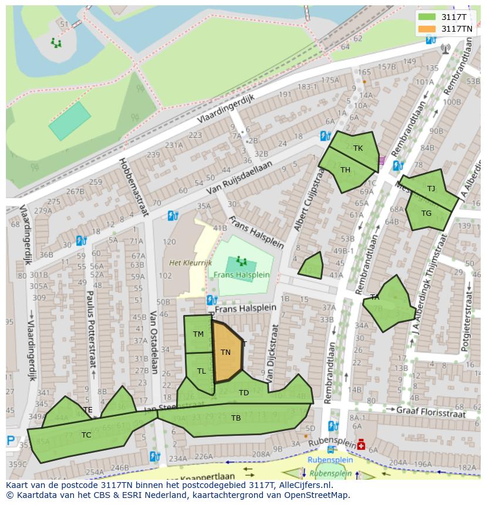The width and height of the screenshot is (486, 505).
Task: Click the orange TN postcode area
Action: (227, 352)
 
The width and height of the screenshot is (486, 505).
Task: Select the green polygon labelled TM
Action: (198, 334)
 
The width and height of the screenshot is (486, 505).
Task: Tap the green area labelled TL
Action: (200, 372)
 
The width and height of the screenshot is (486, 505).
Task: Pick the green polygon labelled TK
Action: (356, 149)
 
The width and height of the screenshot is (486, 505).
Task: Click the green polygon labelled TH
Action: (347, 171)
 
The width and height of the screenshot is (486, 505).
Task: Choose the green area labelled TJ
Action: (431, 188)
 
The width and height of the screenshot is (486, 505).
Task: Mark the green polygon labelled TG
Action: (427, 213)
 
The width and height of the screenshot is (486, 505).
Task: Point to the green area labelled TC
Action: (86, 435)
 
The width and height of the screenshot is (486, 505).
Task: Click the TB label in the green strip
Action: (235, 418)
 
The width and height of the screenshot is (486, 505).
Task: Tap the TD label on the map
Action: (244, 392)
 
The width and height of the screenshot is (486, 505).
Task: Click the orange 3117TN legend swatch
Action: (427, 29)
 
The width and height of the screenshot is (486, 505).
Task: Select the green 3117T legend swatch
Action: (427, 17)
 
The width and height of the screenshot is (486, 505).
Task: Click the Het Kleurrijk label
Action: (190, 263)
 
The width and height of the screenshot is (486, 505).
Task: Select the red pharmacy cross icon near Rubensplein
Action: (360, 445)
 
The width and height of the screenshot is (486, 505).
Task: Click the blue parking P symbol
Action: (11, 440)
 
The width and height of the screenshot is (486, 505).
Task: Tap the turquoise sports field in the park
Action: (70, 121)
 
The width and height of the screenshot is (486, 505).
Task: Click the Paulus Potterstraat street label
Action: (90, 328)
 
